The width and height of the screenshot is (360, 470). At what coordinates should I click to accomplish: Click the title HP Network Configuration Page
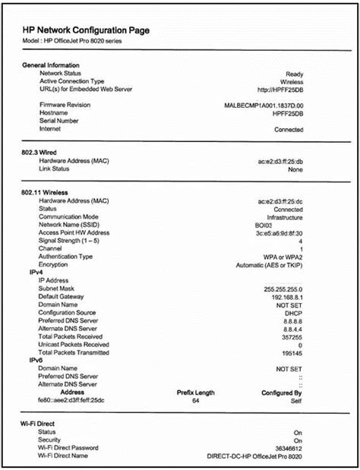click(x=86, y=30)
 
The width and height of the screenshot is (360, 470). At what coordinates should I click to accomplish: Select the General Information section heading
click(x=52, y=65)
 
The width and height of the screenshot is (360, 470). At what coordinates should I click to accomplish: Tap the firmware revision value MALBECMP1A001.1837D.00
click(x=264, y=105)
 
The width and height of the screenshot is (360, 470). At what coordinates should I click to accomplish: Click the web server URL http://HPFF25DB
click(x=282, y=89)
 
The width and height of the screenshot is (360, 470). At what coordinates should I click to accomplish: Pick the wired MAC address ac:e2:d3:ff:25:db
click(x=280, y=161)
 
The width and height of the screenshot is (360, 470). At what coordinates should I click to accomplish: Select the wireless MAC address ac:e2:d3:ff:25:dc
click(x=280, y=201)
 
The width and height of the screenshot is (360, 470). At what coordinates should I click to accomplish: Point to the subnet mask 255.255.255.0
click(x=283, y=289)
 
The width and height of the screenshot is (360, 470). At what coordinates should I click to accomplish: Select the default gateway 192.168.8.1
click(x=284, y=296)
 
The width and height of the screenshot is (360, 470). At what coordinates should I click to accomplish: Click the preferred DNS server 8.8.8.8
click(x=291, y=320)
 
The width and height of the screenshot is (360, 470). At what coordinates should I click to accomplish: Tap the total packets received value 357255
click(x=291, y=336)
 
